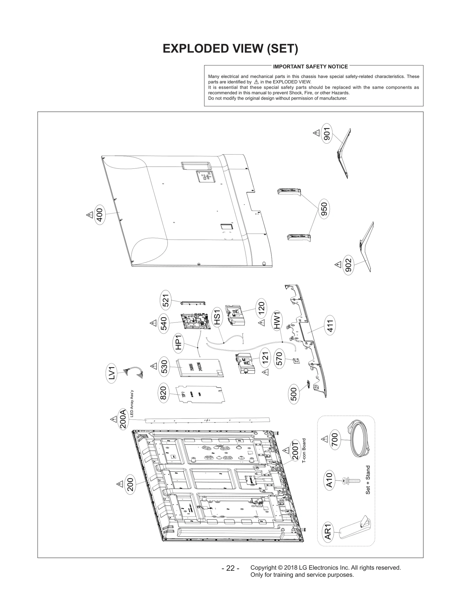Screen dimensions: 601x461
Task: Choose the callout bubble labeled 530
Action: tap(164, 367)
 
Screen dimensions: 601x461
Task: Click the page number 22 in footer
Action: tap(230, 568)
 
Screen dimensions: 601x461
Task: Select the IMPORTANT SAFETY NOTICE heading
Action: tap(310, 67)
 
